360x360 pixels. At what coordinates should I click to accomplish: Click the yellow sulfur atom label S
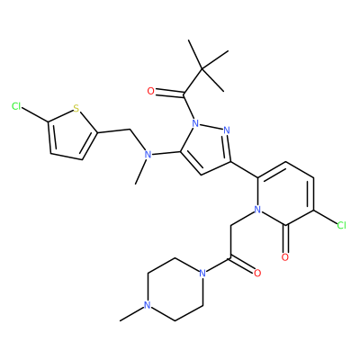pyautogui.click(x=76, y=108)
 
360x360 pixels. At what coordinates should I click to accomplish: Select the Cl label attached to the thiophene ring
pyautogui.click(x=16, y=106)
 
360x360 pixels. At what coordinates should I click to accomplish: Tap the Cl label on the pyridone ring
pyautogui.click(x=342, y=225)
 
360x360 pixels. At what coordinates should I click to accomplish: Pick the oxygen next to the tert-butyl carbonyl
pyautogui.click(x=150, y=91)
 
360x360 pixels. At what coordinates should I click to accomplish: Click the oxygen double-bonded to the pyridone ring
pyautogui.click(x=285, y=257)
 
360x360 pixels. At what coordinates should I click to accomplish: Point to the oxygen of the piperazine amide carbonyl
pyautogui.click(x=257, y=273)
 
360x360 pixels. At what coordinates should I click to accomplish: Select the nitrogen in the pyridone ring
pyautogui.click(x=257, y=209)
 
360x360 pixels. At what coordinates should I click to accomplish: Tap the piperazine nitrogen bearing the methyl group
pyautogui.click(x=147, y=305)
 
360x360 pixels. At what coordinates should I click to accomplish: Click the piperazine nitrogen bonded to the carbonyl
pyautogui.click(x=202, y=273)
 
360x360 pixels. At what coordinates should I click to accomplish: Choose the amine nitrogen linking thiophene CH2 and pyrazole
pyautogui.click(x=147, y=155)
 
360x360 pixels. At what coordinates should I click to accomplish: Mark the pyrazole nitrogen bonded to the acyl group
pyautogui.click(x=195, y=122)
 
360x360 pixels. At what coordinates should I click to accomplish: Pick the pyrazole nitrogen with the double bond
pyautogui.click(x=227, y=130)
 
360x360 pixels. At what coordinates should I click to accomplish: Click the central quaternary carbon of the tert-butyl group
pyautogui.click(x=202, y=69)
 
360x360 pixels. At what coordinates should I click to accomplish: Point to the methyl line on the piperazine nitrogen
pyautogui.click(x=132, y=314)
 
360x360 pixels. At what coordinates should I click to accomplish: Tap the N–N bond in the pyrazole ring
pyautogui.click(x=211, y=126)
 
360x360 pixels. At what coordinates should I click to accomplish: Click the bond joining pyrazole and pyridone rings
pyautogui.click(x=245, y=170)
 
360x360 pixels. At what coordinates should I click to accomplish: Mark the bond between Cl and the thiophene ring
pyautogui.click(x=35, y=115)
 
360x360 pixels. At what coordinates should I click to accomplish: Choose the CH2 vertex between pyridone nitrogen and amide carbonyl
pyautogui.click(x=230, y=226)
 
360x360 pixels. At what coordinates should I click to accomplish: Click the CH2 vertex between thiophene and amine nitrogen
pyautogui.click(x=130, y=130)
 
